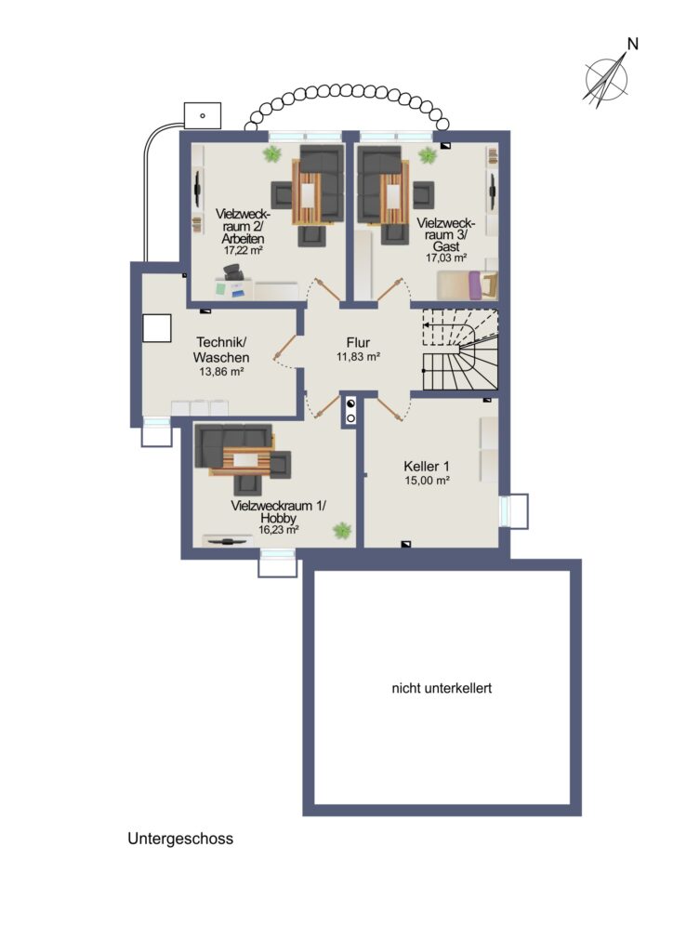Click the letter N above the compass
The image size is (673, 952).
click(633, 44)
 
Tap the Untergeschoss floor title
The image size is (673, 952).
click(180, 840)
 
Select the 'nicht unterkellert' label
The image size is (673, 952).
click(442, 689)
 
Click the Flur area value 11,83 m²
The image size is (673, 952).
click(358, 357)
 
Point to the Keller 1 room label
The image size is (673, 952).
click(427, 467)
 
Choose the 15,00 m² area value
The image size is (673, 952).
click(428, 481)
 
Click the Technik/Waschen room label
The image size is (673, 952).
click(221, 350)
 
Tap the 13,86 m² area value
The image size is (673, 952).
click(221, 372)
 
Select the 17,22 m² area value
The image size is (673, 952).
click(243, 249)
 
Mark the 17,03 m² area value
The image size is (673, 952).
click(446, 258)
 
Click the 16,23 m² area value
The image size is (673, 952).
click(279, 529)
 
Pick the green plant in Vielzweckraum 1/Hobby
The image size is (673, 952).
click(342, 531)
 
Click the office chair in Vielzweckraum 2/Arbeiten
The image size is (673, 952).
click(233, 272)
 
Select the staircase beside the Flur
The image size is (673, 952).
click(460, 350)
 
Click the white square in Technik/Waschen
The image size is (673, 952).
click(156, 328)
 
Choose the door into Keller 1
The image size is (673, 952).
click(392, 408)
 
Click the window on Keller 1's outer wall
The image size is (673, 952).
click(513, 511)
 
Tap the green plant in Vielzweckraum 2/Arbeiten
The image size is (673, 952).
click(272, 154)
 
